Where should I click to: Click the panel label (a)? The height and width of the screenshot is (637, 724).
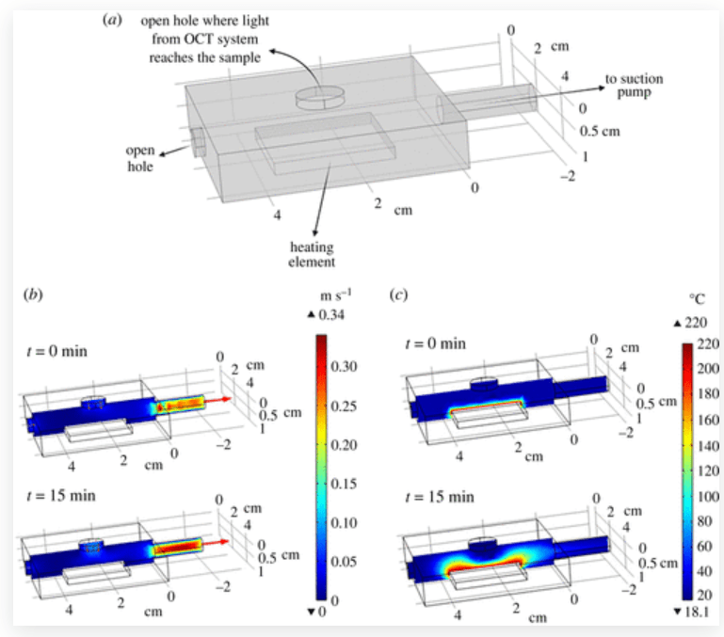pyautogui.click(x=113, y=21)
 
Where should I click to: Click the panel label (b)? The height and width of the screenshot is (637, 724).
pyautogui.click(x=33, y=295)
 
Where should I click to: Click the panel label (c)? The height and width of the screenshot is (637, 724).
pyautogui.click(x=398, y=295)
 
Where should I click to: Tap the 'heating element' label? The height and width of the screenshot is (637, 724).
pyautogui.click(x=312, y=254)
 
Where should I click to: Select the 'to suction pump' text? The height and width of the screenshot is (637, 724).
pyautogui.click(x=634, y=86)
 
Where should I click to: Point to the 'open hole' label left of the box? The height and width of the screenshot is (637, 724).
pyautogui.click(x=140, y=158)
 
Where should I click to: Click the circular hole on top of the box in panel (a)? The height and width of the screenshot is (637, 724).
pyautogui.click(x=319, y=98)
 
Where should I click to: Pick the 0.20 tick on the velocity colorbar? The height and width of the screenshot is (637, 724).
pyautogui.click(x=344, y=445)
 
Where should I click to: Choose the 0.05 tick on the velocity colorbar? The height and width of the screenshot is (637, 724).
pyautogui.click(x=344, y=562)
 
